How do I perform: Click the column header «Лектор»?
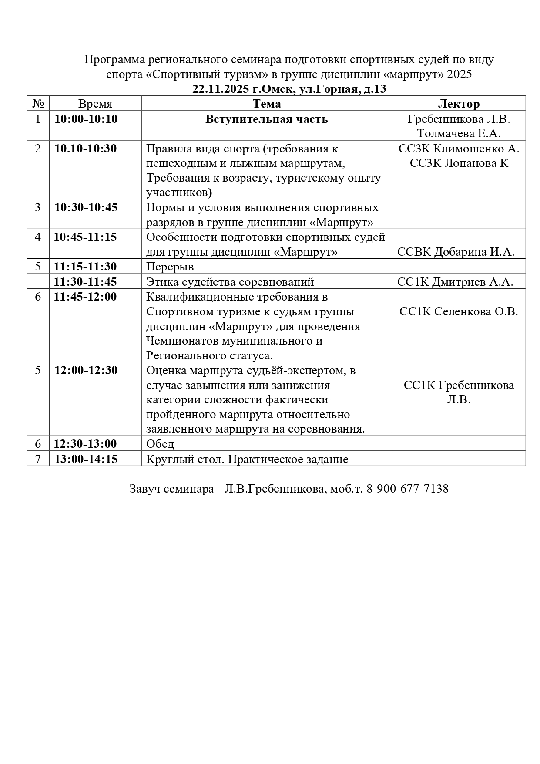pyautogui.click(x=459, y=104)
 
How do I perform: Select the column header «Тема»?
pyautogui.click(x=267, y=104)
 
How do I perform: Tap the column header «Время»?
pyautogui.click(x=95, y=104)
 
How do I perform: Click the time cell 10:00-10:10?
pyautogui.click(x=86, y=119)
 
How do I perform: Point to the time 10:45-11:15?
pyautogui.click(x=86, y=237)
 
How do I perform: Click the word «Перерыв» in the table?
pyautogui.click(x=170, y=267)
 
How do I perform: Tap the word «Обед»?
pyautogui.click(x=160, y=444)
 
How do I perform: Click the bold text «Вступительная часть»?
pyautogui.click(x=267, y=119)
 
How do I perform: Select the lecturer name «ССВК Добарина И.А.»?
pyautogui.click(x=456, y=252)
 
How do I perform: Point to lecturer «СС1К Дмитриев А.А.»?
pyautogui.click(x=455, y=282)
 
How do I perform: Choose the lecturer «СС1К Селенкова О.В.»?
pyautogui.click(x=459, y=311)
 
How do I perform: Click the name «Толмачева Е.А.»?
pyautogui.click(x=459, y=133)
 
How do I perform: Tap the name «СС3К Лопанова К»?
pyautogui.click(x=459, y=163)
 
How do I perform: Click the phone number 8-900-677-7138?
pyautogui.click(x=408, y=489)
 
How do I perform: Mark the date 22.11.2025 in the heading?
pyautogui.click(x=221, y=89)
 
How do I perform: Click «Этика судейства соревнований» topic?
pyautogui.click(x=230, y=282)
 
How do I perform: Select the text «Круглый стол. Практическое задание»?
pyautogui.click(x=247, y=459)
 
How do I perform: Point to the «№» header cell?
pyautogui.click(x=38, y=104)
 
